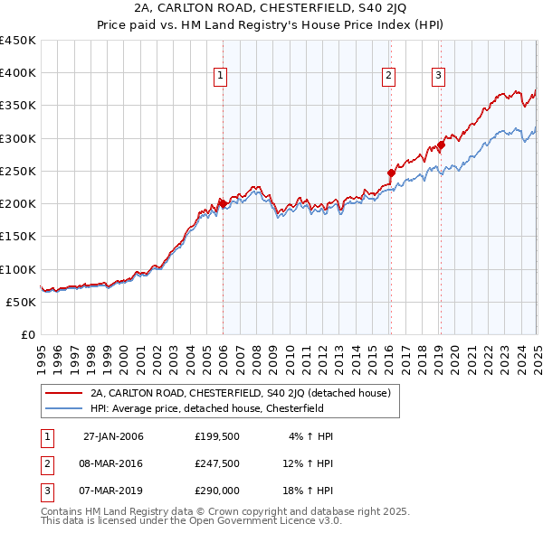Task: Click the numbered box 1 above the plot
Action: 221,76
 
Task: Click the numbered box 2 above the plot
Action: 388,76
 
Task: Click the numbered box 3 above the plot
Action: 438,76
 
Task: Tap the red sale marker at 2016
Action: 392,173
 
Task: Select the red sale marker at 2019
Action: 442,145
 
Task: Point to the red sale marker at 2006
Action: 223,203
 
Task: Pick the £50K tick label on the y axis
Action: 21,302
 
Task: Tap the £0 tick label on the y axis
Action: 27,334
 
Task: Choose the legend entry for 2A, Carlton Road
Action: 240,393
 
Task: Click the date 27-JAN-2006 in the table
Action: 113,436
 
